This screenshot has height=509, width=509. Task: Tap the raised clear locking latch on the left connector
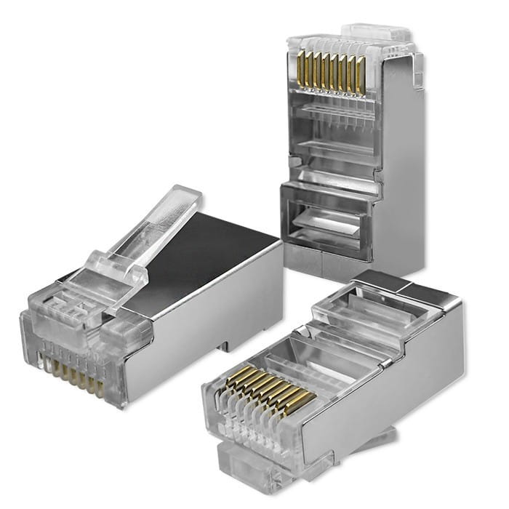(149, 233)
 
